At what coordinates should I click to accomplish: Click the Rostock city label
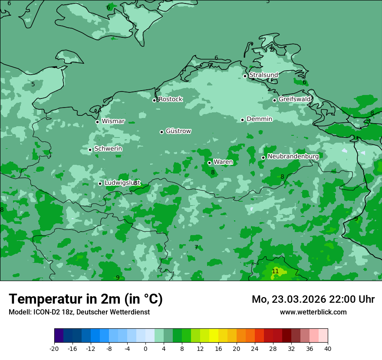coord(170,99)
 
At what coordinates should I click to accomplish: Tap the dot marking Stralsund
coord(245,76)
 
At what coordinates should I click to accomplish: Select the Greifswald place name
coord(294,99)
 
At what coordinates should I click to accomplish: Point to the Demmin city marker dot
coord(242,120)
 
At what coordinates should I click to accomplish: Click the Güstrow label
coord(178,131)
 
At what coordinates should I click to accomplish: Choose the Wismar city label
coord(113,121)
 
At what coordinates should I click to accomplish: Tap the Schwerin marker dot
coord(90,150)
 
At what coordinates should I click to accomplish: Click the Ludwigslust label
coord(122,183)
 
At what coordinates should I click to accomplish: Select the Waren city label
coord(223,162)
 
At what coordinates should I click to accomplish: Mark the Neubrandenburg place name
coord(293,156)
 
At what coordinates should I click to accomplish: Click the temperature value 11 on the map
coord(275,271)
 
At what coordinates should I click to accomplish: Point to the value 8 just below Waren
coord(213,172)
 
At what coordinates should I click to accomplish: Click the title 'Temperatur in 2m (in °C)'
coord(86,299)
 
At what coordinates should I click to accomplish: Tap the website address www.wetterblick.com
coord(313,312)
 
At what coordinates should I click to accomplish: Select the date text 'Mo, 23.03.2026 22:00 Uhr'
coord(313,299)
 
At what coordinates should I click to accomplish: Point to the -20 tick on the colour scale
coord(54,348)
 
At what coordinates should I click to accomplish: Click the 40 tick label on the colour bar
coord(328,348)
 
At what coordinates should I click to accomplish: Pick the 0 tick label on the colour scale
coord(145,348)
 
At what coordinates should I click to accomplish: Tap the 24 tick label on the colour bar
coord(255,348)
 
